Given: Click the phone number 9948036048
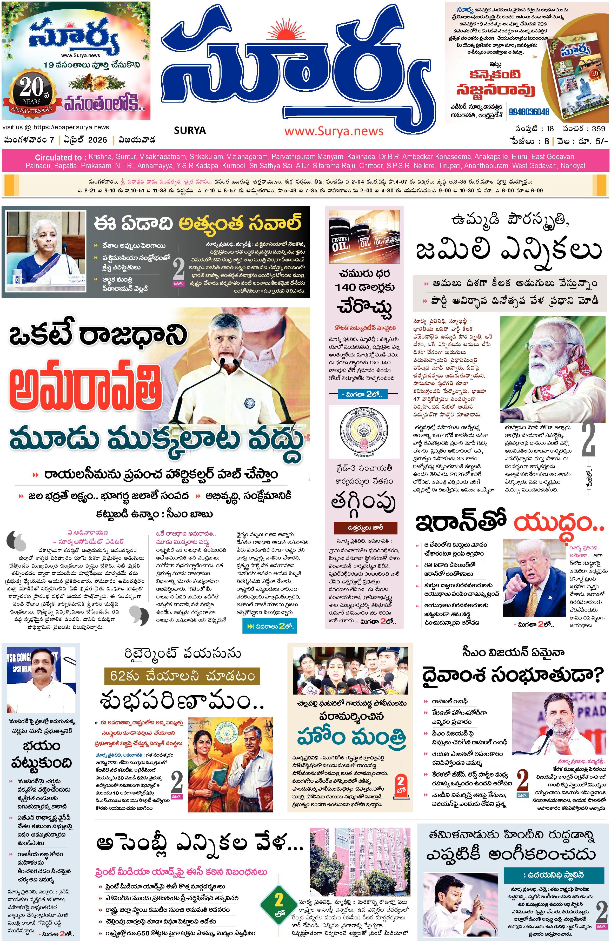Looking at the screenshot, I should click(529, 112).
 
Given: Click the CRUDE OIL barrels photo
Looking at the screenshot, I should click(364, 237).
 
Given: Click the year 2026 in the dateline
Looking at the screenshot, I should click(97, 140).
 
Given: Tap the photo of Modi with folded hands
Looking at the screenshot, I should click(552, 369).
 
